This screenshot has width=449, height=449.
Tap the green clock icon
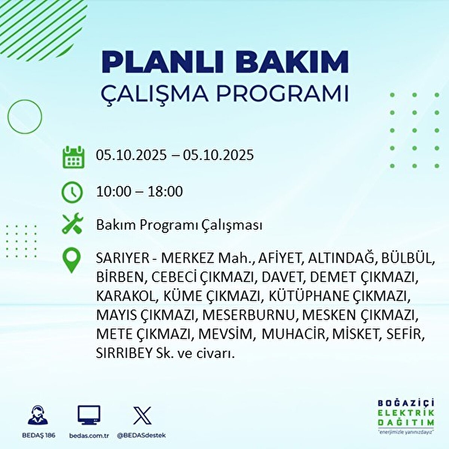(72, 192)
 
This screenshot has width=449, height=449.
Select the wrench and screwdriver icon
(72, 224)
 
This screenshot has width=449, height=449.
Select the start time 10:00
(114, 192)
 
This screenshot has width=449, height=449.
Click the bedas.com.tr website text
(89, 436)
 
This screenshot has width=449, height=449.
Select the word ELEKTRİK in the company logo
(406, 413)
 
